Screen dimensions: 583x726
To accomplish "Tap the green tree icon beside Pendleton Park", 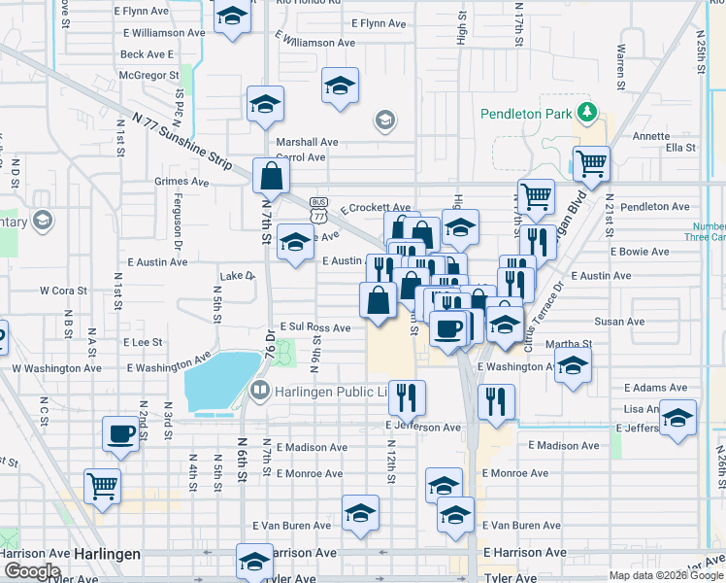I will [x=586, y=113].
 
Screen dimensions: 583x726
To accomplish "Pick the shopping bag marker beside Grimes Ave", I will [x=271, y=175].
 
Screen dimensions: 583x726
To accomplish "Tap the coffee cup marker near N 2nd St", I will [x=121, y=433].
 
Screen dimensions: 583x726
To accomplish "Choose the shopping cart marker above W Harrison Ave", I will [x=102, y=485].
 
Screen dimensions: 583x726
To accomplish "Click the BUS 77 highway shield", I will [x=318, y=205].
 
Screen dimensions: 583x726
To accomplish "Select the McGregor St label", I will [x=148, y=74].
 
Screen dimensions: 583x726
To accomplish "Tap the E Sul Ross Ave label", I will [x=314, y=328].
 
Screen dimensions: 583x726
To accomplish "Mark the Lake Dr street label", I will [x=237, y=277].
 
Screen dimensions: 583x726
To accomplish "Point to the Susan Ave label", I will [x=620, y=322].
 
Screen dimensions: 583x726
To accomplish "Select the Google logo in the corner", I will [x=32, y=571].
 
